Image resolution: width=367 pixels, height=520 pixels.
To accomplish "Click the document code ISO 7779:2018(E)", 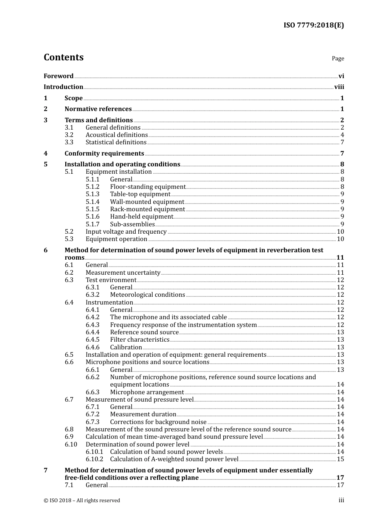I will pyautogui.click(x=313, y=25).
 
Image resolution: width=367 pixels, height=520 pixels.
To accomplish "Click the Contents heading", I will pyautogui.click(x=63, y=57).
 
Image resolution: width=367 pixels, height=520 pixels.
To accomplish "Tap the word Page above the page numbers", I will pyautogui.click(x=338, y=58).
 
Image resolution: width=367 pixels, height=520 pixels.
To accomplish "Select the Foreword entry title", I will pyautogui.click(x=58, y=76).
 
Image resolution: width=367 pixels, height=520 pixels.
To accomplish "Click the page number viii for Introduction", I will pyautogui.click(x=339, y=87).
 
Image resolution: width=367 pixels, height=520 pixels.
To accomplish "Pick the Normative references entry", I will pyautogui.click(x=98, y=109).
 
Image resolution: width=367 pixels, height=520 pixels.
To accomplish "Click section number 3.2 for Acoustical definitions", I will pyautogui.click(x=69, y=135).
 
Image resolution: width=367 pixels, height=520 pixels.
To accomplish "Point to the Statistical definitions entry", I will pyautogui.click(x=116, y=142).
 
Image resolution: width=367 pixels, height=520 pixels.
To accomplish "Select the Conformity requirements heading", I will pyautogui.click(x=104, y=154).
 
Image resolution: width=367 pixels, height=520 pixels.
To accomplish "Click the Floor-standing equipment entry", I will pyautogui.click(x=148, y=187).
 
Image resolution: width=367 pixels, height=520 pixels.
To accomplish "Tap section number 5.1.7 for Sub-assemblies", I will pyautogui.click(x=92, y=224).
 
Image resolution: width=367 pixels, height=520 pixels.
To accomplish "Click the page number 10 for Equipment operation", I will pyautogui.click(x=340, y=239).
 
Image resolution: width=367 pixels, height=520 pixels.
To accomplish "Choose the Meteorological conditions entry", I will pyautogui.click(x=147, y=295).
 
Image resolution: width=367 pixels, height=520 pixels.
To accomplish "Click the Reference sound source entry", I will pyautogui.click(x=144, y=332).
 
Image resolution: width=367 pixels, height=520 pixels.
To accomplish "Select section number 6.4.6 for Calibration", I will pyautogui.click(x=92, y=347).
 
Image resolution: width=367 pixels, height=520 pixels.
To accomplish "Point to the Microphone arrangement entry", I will pyautogui.click(x=147, y=392).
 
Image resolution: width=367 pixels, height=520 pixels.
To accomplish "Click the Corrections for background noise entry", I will pyautogui.click(x=158, y=422).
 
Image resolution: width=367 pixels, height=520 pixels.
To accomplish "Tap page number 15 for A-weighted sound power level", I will pyautogui.click(x=340, y=459).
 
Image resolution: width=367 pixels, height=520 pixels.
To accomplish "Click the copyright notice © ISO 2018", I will pyautogui.click(x=82, y=500).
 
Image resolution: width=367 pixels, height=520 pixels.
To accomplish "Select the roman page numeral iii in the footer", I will pyautogui.click(x=341, y=500).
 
